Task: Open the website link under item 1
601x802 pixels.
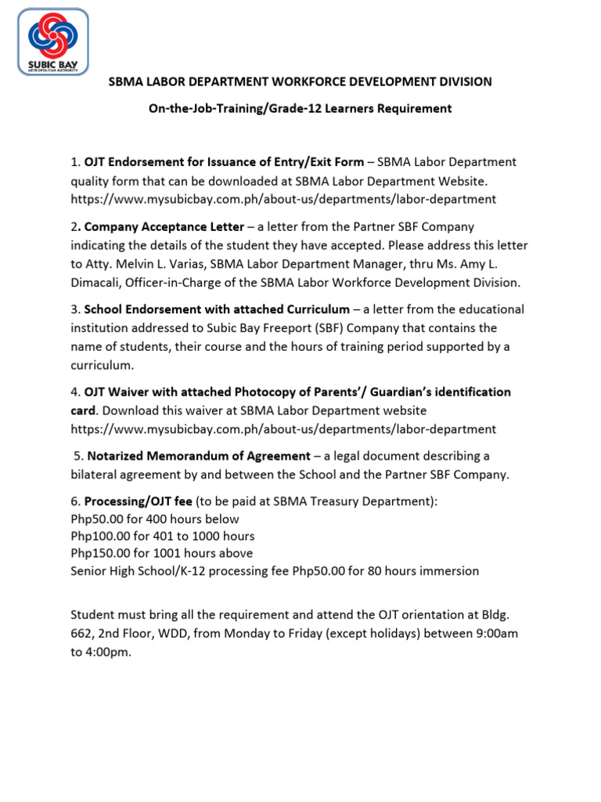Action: tap(283, 200)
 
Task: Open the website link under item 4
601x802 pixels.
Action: tap(283, 429)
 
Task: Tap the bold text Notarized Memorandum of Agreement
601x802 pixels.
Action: tap(199, 456)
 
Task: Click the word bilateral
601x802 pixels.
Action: tap(95, 475)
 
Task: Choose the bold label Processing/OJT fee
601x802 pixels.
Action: tap(138, 501)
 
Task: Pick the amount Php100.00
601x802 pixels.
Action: tap(99, 536)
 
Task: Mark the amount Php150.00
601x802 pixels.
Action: tap(99, 554)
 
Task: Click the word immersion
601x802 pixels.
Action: tap(450, 571)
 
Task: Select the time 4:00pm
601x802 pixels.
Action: tap(109, 652)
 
